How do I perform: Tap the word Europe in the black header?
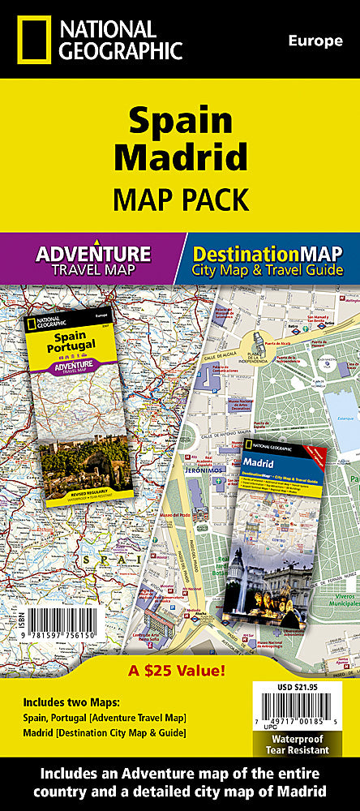(315, 41)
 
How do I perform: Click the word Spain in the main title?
(180, 122)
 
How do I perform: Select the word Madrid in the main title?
(180, 156)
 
